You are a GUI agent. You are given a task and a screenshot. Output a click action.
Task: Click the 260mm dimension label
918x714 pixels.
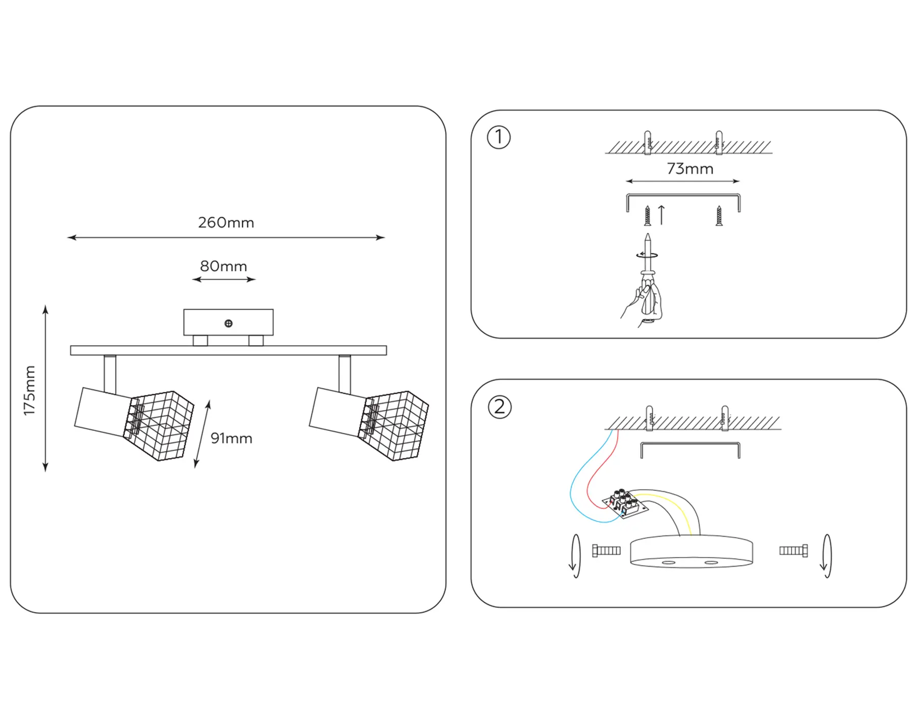[x=226, y=223]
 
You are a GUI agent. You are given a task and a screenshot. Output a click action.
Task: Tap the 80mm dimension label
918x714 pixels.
[x=223, y=266]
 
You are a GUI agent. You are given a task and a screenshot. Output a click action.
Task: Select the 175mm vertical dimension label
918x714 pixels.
[x=30, y=390]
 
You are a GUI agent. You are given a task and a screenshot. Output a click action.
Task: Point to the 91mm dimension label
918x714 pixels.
[x=231, y=439]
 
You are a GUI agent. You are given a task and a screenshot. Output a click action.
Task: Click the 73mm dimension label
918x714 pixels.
[x=690, y=169]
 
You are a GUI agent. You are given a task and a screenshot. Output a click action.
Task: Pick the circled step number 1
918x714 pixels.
[x=499, y=137]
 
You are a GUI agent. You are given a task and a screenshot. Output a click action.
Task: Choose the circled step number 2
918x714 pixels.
[x=499, y=407]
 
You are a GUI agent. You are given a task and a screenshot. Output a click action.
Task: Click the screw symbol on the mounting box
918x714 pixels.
[x=228, y=323]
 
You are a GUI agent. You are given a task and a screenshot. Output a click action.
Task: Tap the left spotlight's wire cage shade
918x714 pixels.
[x=161, y=426]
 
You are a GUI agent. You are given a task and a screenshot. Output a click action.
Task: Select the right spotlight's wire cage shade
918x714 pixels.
[x=395, y=426]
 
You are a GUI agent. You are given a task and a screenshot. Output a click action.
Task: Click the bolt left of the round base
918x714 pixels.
[x=606, y=550]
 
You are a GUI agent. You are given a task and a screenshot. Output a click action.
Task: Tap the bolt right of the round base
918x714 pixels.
[x=794, y=550]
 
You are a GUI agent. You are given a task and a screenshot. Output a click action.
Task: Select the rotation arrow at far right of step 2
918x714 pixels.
[x=826, y=555]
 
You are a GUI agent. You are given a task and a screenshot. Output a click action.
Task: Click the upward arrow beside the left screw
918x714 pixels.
[x=661, y=215]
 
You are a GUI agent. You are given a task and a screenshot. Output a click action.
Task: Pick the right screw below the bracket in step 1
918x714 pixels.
[x=719, y=216]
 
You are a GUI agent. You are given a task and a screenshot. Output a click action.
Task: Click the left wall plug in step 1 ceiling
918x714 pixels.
[x=648, y=142]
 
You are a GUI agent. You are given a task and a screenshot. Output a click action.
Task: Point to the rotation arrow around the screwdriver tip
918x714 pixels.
[x=647, y=255]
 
